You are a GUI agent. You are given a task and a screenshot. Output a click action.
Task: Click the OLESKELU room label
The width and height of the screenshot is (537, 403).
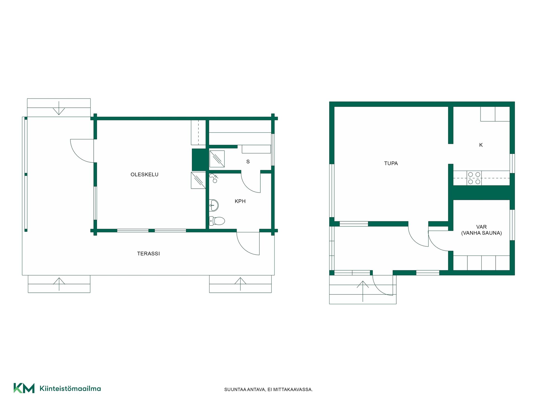tap(144, 174)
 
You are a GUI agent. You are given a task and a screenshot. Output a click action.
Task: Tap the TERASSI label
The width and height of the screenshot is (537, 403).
tap(149, 254)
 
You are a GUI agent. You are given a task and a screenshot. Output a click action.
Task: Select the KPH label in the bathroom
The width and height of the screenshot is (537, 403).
tap(240, 201)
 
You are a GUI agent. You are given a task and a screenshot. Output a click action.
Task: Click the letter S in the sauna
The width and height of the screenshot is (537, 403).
tap(248, 161)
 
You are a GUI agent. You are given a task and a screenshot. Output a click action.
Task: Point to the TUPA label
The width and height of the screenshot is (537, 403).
tap(391, 163)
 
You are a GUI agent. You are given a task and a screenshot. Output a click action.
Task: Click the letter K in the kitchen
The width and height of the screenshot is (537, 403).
tap(481, 145)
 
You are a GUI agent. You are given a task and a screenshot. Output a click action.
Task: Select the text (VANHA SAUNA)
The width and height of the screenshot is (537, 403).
tap(481, 233)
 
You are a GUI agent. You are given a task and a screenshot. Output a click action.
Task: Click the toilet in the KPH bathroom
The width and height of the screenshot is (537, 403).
tap(217, 221)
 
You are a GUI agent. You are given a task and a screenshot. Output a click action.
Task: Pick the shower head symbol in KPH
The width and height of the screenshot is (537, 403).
tap(214, 178)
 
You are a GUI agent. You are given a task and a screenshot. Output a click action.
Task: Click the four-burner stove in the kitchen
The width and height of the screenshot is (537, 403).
tap(474, 178)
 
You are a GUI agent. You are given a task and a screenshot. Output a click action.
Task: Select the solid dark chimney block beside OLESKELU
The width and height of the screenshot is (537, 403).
tap(199, 160)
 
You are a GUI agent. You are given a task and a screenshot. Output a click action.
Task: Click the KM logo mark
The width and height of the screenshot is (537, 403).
tap(24, 388)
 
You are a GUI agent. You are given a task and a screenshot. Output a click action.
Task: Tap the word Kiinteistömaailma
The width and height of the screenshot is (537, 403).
tap(70, 388)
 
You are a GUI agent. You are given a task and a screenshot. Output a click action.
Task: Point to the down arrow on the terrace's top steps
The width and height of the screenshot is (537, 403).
tap(59, 108)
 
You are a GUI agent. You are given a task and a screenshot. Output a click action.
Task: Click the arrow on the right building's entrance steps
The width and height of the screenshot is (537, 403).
tap(363, 291)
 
